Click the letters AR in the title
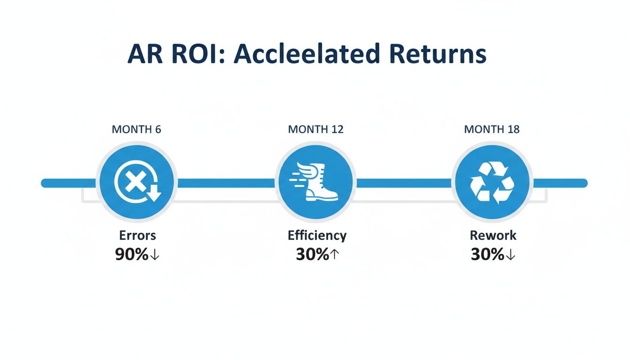point(145,53)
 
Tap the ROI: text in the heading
point(198,53)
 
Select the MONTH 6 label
point(136,129)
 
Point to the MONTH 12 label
point(315,129)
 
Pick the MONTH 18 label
point(492,129)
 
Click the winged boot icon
point(314,181)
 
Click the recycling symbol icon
point(492,182)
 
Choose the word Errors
point(137,235)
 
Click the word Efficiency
point(317,236)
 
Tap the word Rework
point(493,235)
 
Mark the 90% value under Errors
point(132,254)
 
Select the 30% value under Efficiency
point(313,254)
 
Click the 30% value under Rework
point(487,254)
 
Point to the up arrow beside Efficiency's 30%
point(334,254)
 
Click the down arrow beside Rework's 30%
point(510,255)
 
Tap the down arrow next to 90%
point(155,255)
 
